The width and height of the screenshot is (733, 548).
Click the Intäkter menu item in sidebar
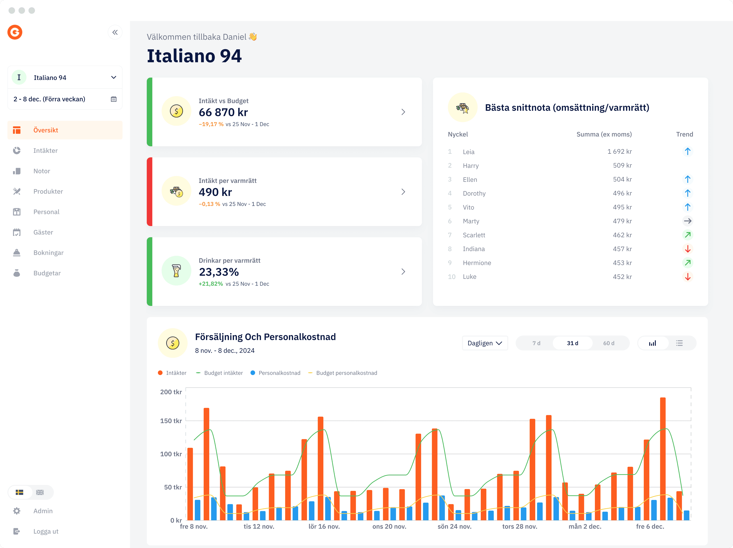coord(45,151)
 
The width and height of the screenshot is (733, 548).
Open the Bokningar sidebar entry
coord(48,253)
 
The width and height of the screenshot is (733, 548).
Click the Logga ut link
coord(46,532)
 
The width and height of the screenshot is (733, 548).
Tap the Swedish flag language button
coord(20,492)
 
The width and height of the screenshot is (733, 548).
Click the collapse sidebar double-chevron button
coord(115,32)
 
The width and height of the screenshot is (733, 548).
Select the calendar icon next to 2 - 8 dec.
coord(114,99)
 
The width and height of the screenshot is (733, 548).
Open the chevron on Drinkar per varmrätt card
coord(403,272)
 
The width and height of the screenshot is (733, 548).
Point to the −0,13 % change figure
coord(209,204)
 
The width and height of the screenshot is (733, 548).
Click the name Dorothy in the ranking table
coord(474,193)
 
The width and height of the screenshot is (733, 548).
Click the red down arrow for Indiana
coord(688,249)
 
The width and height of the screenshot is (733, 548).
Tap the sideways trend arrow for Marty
coord(688,221)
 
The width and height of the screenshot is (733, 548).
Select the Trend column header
coord(684,134)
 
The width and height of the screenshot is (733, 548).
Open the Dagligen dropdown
coord(484,343)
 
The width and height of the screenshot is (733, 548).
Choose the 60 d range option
coord(608,343)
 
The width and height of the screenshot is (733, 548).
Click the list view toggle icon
coord(679,343)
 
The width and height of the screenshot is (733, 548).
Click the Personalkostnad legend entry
coord(279,373)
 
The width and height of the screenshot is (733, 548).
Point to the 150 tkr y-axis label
coord(171,421)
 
